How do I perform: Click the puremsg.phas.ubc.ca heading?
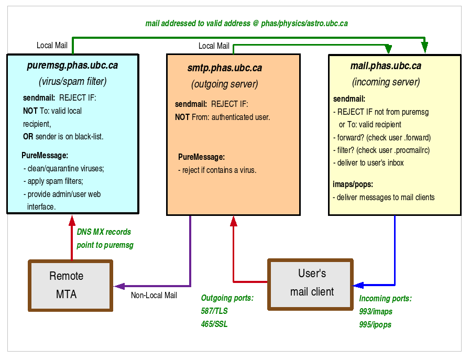[72, 66]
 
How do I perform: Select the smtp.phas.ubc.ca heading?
[225, 68]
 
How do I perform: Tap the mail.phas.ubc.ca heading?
[386, 66]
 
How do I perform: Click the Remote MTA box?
[70, 286]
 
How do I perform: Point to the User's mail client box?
[310, 283]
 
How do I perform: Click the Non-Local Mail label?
[154, 296]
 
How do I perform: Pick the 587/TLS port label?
[214, 311]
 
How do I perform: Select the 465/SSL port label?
[214, 324]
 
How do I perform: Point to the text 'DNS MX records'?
[104, 232]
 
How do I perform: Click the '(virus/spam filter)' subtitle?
[72, 81]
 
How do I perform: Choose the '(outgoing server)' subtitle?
[225, 84]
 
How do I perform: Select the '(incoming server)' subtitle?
[386, 82]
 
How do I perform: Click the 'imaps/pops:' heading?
[353, 184]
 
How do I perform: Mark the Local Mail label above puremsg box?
[52, 46]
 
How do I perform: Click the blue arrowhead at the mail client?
[358, 286]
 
